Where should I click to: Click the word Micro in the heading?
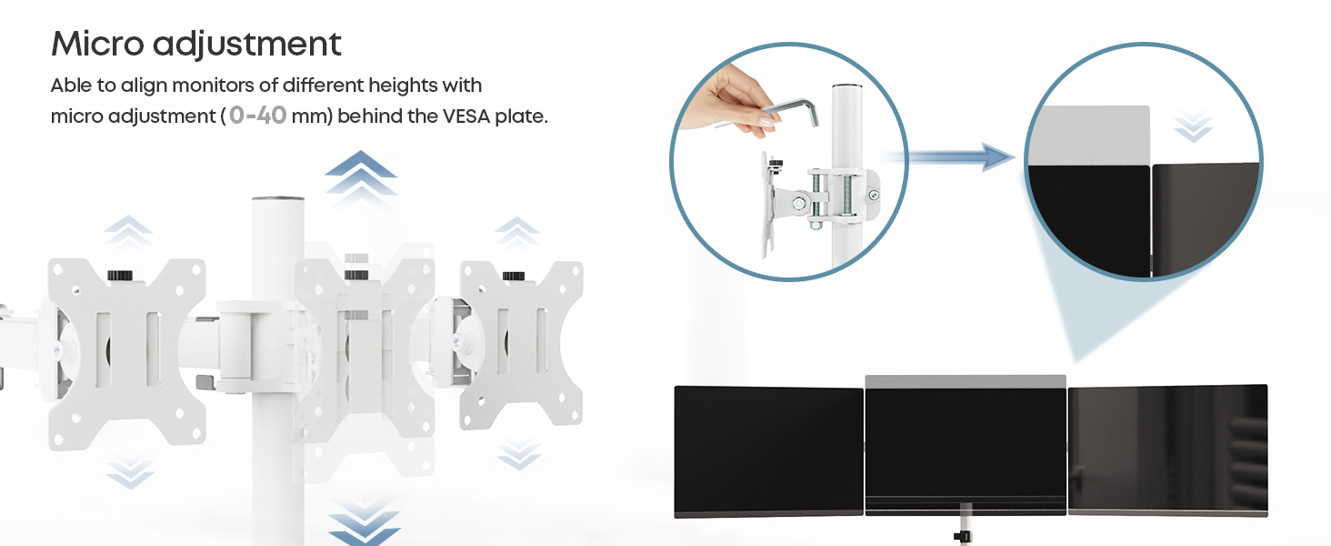click(x=97, y=44)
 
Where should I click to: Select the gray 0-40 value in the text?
click(x=258, y=116)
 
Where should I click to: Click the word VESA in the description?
click(x=466, y=116)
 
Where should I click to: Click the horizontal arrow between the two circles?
click(x=947, y=157)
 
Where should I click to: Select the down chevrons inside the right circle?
click(x=1193, y=126)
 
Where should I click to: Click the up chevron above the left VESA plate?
click(x=128, y=230)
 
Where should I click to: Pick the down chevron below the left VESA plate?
click(x=130, y=471)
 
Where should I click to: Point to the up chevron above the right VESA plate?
click(x=517, y=231)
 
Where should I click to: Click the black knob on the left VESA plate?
click(x=120, y=276)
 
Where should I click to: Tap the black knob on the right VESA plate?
click(x=514, y=276)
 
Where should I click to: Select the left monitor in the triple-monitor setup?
click(x=768, y=451)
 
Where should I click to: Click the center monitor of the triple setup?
click(x=966, y=445)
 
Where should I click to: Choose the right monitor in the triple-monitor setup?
click(x=1168, y=450)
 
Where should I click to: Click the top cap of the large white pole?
click(x=278, y=200)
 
